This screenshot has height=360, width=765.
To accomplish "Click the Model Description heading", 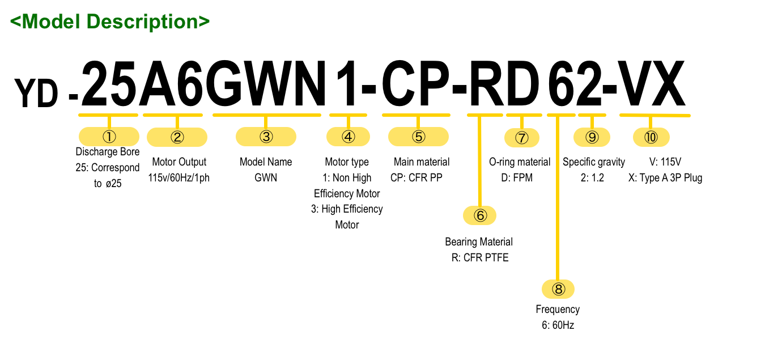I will [x=110, y=22].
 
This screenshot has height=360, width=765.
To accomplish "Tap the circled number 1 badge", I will [x=109, y=136].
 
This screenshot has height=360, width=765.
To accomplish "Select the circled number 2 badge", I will [x=177, y=137].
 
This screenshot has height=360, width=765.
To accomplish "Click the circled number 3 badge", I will [x=266, y=136].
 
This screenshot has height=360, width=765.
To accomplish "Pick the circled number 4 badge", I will [x=348, y=136].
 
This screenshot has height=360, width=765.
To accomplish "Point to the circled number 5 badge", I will [x=418, y=136].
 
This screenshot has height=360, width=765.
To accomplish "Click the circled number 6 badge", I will [x=480, y=215].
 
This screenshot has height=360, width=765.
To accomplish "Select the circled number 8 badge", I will [x=559, y=289].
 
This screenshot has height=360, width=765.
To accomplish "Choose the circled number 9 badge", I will [x=592, y=137].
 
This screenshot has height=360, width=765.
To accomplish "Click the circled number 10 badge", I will [x=651, y=137].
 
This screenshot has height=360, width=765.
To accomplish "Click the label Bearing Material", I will [x=479, y=242].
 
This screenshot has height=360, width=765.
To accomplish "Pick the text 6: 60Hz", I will [x=558, y=325].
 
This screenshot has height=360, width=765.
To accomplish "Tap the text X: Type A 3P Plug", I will [x=665, y=178].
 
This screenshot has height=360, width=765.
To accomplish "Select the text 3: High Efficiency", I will [x=347, y=209].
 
